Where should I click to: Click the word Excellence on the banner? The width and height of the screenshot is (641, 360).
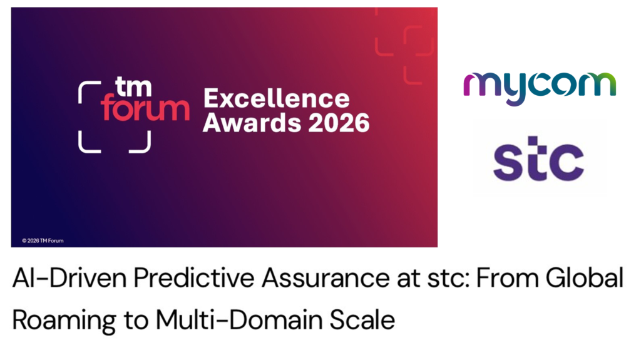(276, 98)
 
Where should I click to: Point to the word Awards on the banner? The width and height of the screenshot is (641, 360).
(249, 123)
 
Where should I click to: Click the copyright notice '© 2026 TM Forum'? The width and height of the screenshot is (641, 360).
(43, 240)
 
